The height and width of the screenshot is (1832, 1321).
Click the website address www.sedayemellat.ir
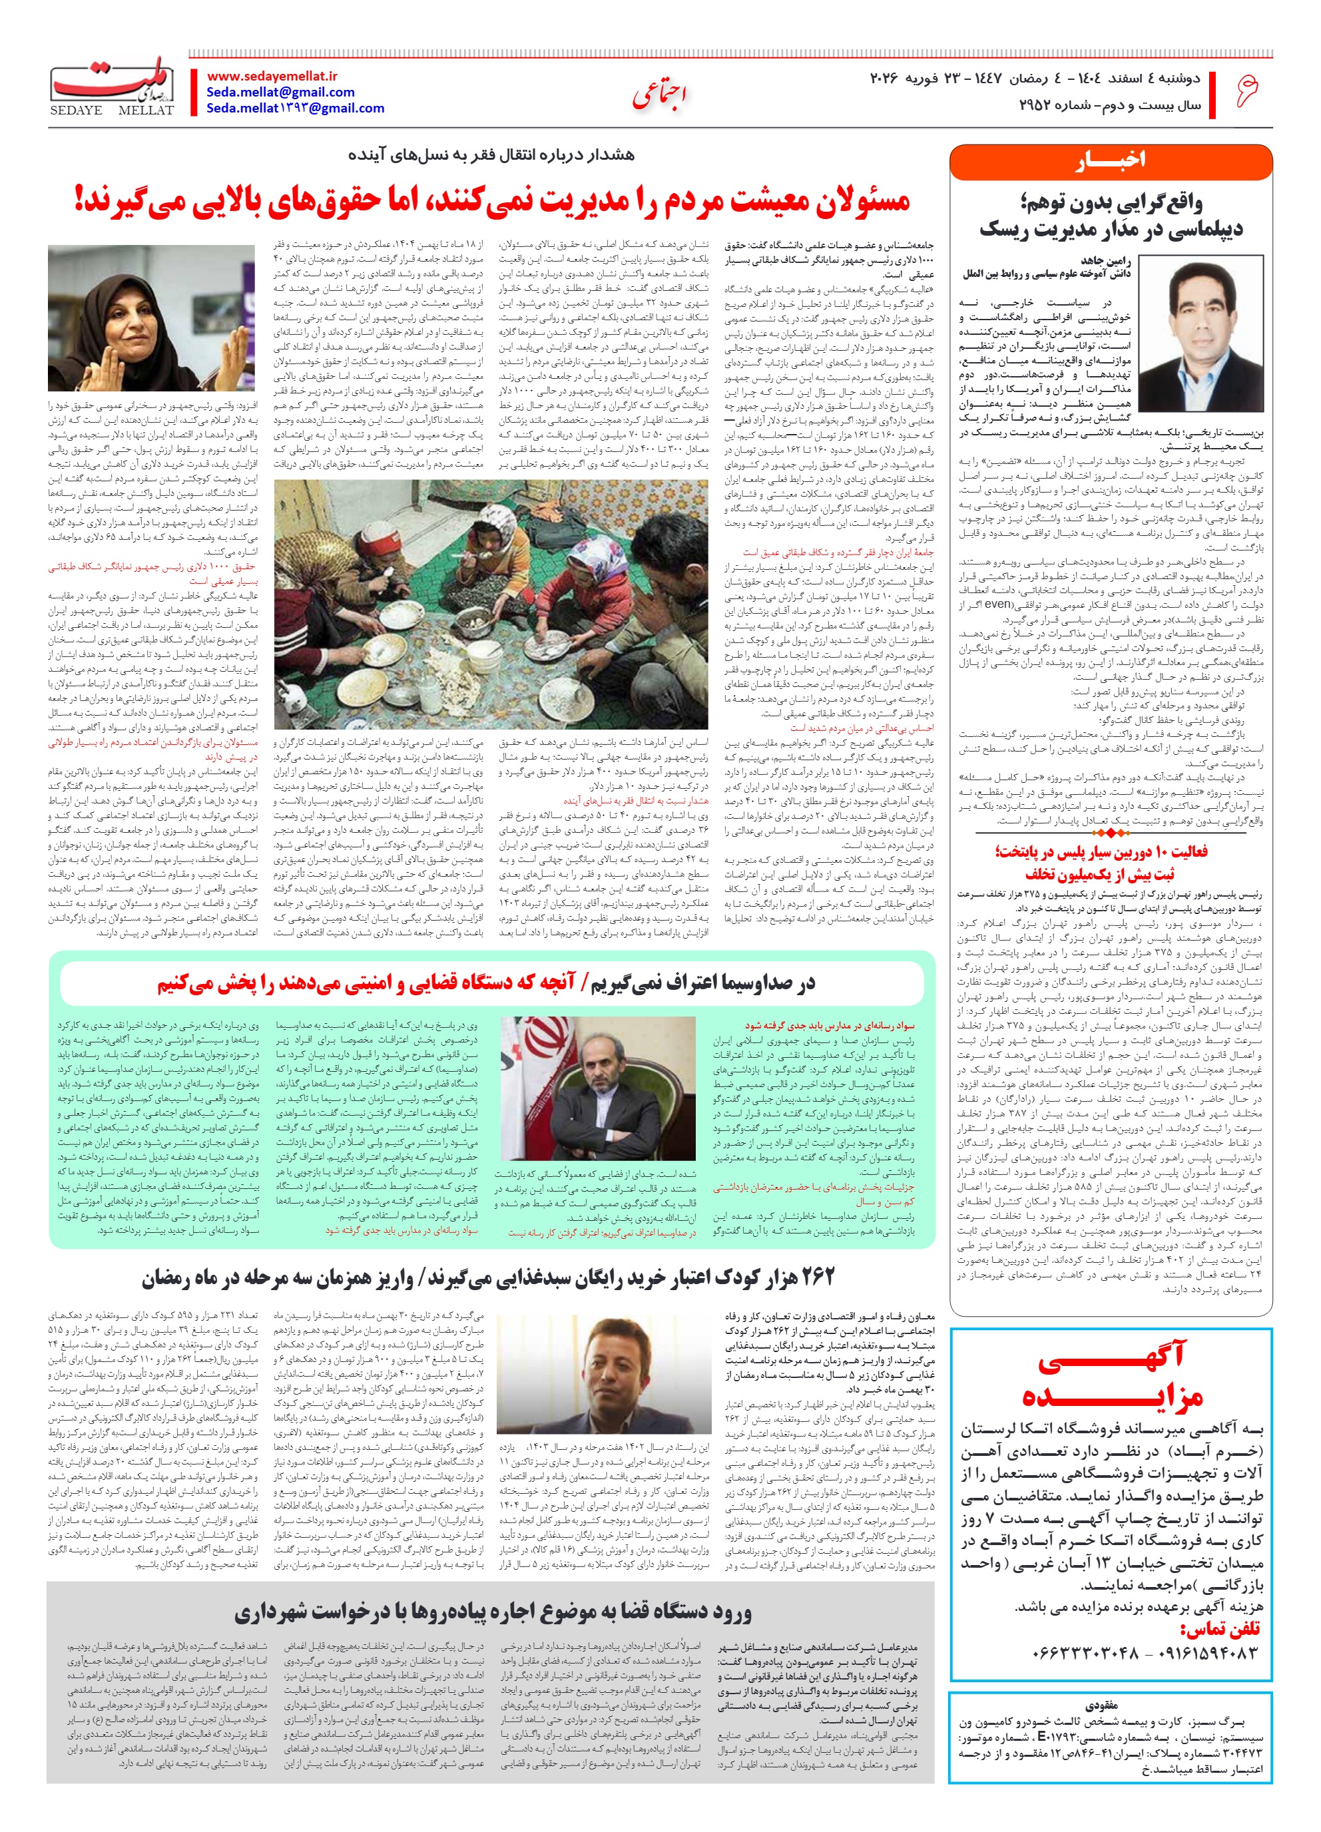coord(272,76)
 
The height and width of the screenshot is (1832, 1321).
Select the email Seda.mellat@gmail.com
coord(280,92)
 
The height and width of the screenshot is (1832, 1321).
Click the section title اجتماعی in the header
coord(659,96)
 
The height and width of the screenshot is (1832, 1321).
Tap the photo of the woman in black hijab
coord(151,319)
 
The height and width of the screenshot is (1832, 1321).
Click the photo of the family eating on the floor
coord(491,604)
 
